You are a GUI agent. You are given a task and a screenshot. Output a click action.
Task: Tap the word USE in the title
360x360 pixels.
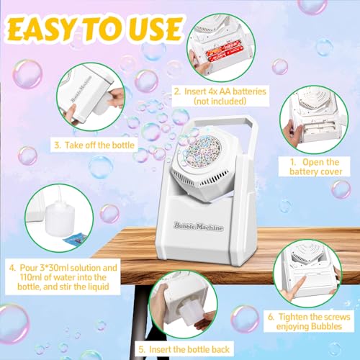click(156, 29)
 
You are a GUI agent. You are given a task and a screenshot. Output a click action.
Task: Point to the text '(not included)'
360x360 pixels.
click(220, 101)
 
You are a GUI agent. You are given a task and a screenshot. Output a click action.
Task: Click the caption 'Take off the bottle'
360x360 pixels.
click(94, 145)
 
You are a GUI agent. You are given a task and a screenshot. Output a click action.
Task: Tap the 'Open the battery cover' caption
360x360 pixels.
click(315, 167)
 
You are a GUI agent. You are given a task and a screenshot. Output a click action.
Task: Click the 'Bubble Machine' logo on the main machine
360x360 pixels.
click(199, 227)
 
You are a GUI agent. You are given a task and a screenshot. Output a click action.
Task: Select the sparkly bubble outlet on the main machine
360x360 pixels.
click(202, 153)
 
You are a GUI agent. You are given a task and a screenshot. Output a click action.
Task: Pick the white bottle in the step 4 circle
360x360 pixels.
click(60, 218)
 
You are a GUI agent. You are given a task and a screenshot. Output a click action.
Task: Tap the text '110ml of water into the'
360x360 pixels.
click(63, 277)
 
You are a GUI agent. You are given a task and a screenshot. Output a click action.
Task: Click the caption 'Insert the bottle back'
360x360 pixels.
click(184, 349)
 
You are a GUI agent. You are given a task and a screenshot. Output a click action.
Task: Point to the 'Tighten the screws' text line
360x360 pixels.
click(309, 317)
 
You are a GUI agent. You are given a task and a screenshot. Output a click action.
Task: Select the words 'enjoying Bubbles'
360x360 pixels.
click(309, 326)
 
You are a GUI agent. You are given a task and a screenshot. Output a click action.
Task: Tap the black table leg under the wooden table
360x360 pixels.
click(138, 319)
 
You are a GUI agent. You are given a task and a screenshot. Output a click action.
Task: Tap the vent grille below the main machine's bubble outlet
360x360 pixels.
click(199, 179)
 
